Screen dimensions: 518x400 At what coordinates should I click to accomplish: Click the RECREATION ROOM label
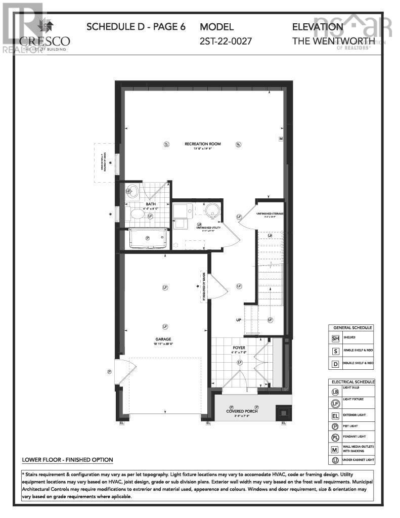pos(202,144)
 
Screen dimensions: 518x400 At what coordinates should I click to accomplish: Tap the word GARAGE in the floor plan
pos(164,339)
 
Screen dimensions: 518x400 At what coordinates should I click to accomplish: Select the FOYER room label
pos(239,348)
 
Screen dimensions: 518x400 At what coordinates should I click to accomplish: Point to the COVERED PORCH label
pos(242,411)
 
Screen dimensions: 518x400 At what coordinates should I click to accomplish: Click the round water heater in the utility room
pos(211,210)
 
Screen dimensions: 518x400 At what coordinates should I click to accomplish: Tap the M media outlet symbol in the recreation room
pos(280,138)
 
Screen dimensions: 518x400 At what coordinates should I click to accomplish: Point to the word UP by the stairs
pos(238,321)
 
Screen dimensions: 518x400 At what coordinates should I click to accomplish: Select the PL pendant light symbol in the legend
pos(335,437)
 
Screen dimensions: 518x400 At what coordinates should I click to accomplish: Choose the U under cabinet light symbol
pos(335,460)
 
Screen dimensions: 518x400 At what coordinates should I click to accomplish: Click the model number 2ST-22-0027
pos(226,41)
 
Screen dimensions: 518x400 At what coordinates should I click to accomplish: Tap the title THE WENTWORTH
pos(334,41)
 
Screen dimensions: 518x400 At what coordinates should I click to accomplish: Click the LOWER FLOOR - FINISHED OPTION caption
pos(67,460)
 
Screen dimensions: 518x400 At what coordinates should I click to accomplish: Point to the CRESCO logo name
pos(45,40)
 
